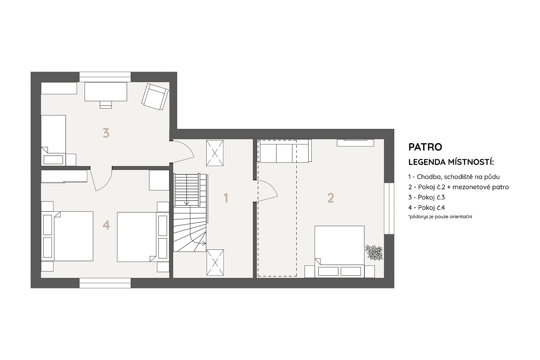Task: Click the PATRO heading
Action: point(425,147)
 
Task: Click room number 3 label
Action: point(106,133)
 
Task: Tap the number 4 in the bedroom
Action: point(106,225)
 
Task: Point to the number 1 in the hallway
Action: point(226,198)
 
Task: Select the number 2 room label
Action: point(331,198)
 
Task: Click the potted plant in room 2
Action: point(374,252)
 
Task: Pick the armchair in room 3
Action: point(155,97)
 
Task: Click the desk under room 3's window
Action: point(105,92)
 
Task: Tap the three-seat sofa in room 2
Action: point(284,151)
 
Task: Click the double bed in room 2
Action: point(339,252)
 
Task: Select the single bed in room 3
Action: point(54,140)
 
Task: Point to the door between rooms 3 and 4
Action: point(101,179)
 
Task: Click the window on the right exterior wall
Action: point(389,208)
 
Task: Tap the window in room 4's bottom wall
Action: point(105,283)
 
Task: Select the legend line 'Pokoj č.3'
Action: point(427,197)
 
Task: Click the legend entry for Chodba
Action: point(454,177)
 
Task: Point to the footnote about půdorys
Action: point(440,216)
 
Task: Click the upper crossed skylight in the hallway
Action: point(215,153)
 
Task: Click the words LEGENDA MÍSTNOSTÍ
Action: point(451,162)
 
